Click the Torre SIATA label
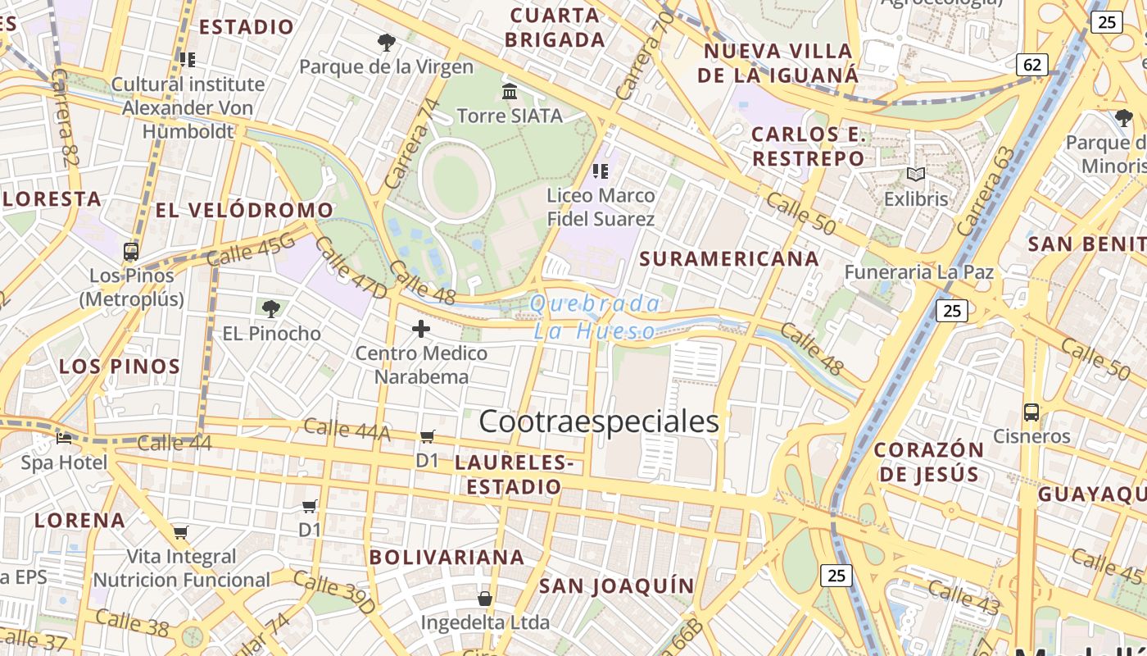point(510,116)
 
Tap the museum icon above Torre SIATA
point(510,91)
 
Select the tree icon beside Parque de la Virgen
point(386,42)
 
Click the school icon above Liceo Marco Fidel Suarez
point(601,171)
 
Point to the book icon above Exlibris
point(915,175)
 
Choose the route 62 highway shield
point(1032,64)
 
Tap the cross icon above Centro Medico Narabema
point(421,330)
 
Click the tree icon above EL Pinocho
point(271,309)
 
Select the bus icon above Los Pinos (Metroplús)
point(131,251)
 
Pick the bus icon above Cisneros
point(1031,412)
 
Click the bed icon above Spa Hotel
point(64,439)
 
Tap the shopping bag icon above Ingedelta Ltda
point(485,599)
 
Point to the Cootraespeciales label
point(599,421)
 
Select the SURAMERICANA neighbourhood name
point(729,259)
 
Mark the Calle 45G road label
point(250,248)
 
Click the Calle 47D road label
point(350,268)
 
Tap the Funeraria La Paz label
point(918,272)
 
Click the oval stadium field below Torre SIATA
point(456,181)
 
